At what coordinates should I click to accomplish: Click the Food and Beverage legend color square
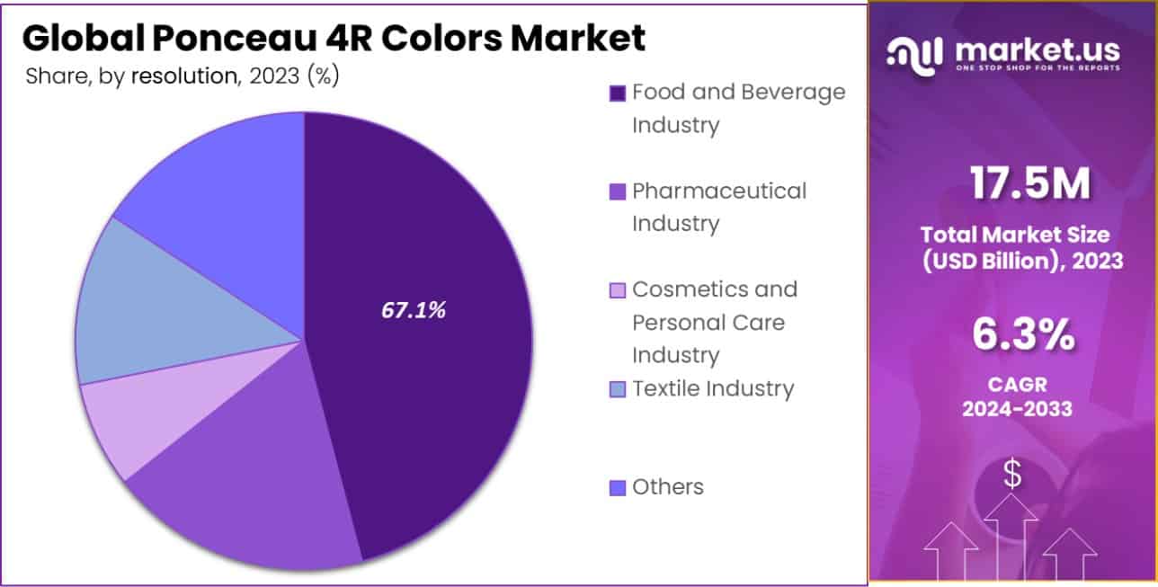pos(617,93)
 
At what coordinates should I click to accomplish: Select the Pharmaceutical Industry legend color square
pos(617,192)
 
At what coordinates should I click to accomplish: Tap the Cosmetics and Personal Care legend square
pos(617,290)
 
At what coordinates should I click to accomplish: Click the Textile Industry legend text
pos(713,388)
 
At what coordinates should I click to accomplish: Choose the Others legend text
pos(667,487)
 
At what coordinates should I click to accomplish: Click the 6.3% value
pos(1023,335)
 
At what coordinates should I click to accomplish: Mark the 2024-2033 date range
pos(1017,409)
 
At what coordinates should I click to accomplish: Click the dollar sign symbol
pos(1012,474)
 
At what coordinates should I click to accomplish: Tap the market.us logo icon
pos(915,54)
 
